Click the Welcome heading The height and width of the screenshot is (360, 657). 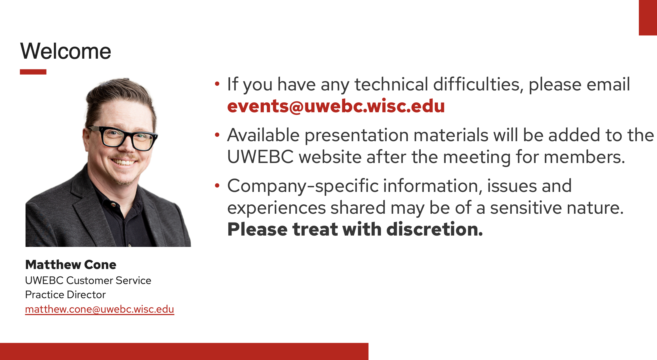66,51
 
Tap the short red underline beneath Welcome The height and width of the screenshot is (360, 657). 33,72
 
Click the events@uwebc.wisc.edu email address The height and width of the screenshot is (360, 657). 336,106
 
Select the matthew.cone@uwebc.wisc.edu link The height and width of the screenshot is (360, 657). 100,309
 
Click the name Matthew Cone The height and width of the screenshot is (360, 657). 71,265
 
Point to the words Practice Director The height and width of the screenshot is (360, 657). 65,295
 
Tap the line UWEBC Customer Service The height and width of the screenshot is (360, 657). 88,280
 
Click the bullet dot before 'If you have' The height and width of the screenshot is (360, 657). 217,84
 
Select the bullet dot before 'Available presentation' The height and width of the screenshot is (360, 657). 217,135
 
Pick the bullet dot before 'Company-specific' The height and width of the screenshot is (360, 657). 217,186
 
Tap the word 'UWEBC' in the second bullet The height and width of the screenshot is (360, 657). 260,157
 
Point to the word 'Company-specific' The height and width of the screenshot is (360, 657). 303,186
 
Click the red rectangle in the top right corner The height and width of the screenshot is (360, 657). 648,18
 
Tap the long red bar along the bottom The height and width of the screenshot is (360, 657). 184,351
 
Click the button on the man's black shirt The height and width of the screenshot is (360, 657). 113,204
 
